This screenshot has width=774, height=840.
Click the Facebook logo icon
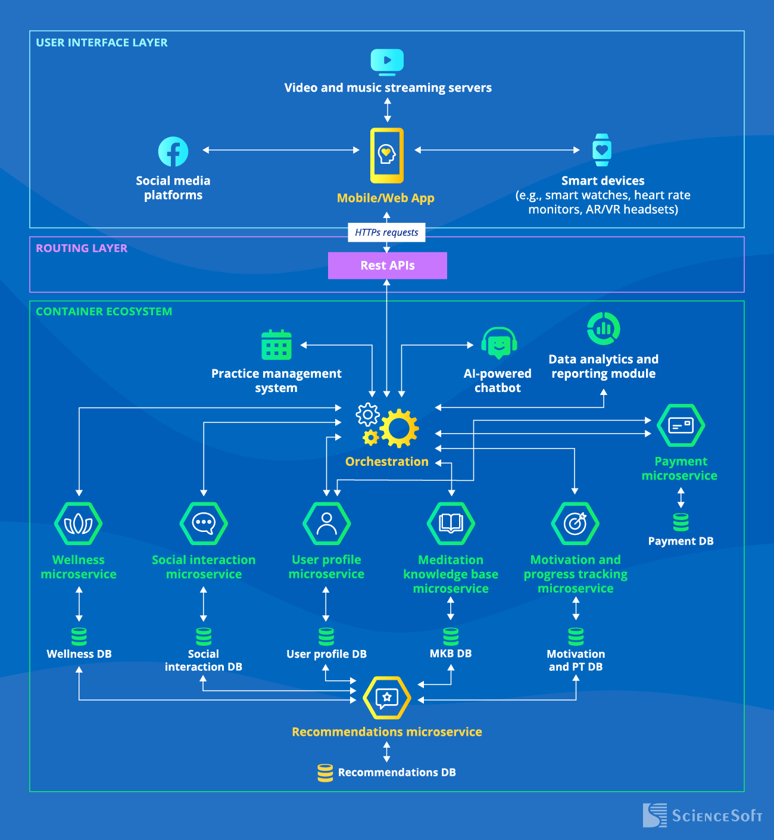(173, 152)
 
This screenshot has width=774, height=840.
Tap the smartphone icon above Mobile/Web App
(387, 155)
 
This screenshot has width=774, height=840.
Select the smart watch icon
(602, 150)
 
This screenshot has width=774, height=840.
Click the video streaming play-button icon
(387, 61)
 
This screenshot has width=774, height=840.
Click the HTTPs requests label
(386, 232)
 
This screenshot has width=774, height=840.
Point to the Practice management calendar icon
(277, 345)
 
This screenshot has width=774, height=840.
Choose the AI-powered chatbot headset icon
(499, 343)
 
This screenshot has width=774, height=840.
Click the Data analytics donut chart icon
(603, 328)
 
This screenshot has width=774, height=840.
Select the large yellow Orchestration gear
(399, 428)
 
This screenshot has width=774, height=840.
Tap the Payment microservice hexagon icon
(681, 425)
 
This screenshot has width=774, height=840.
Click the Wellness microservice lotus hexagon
(79, 524)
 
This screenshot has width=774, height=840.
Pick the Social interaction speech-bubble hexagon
(204, 524)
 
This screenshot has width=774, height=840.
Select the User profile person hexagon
(326, 524)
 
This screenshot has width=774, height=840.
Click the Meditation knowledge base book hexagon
(451, 524)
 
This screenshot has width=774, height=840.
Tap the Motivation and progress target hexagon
(575, 524)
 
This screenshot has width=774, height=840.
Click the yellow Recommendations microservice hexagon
(387, 698)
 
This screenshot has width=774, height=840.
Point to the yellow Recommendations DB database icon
(325, 773)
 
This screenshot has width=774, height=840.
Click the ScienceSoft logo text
(717, 816)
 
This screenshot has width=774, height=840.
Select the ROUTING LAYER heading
(82, 248)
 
